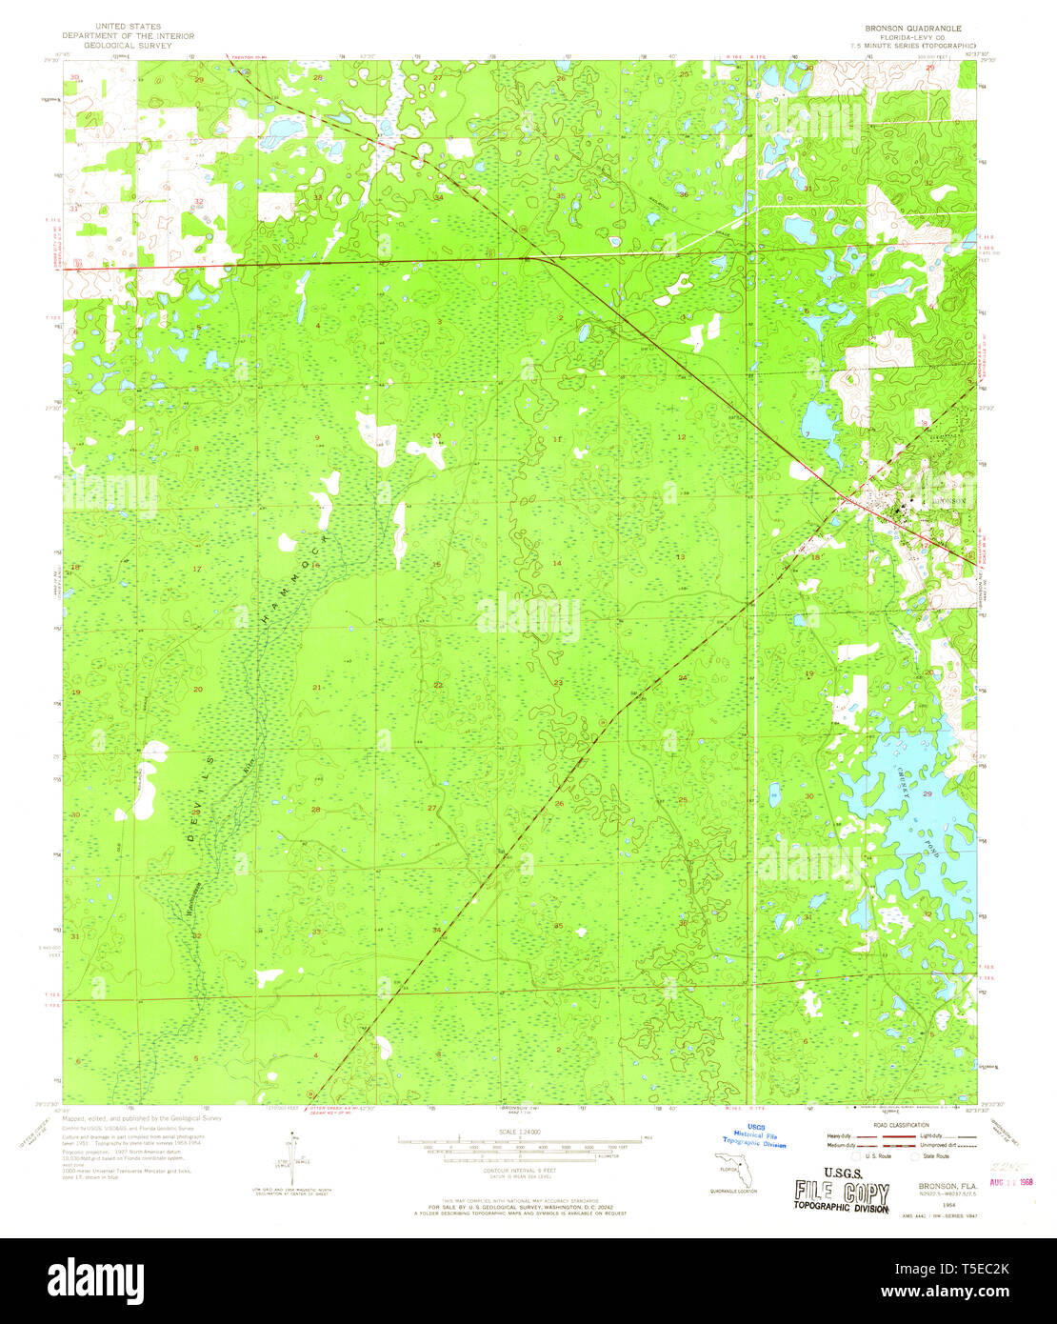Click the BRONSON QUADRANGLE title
click(x=900, y=29)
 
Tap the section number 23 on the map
click(x=558, y=683)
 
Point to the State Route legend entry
click(x=930, y=1155)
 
